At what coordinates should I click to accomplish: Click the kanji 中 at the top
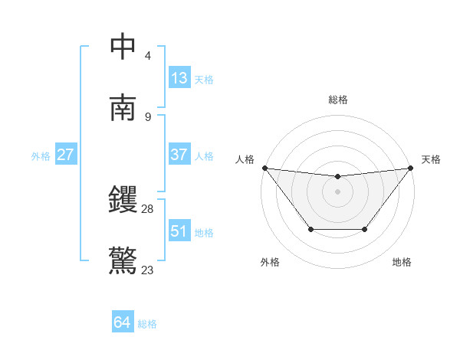pos(123,47)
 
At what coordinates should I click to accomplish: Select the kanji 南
pos(123,107)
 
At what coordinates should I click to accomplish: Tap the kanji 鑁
pos(123,201)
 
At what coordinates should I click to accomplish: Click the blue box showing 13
pos(179,78)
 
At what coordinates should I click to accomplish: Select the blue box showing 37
pos(179,155)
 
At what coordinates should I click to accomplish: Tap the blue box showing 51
pos(179,231)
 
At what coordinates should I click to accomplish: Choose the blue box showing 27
pos(66,155)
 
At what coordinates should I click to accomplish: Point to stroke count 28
pos(148,208)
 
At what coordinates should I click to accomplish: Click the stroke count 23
pos(148,270)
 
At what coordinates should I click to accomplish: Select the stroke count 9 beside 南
pos(148,116)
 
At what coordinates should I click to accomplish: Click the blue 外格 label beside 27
pos(41,156)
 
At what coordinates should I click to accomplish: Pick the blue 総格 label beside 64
pos(147,324)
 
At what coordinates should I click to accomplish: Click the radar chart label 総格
pos(337,100)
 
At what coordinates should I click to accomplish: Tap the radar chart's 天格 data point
pos(410,168)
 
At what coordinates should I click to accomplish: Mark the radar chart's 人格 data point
pos(264,168)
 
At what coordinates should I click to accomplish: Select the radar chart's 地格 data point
pos(364,229)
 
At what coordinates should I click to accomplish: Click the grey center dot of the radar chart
pos(337,191)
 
